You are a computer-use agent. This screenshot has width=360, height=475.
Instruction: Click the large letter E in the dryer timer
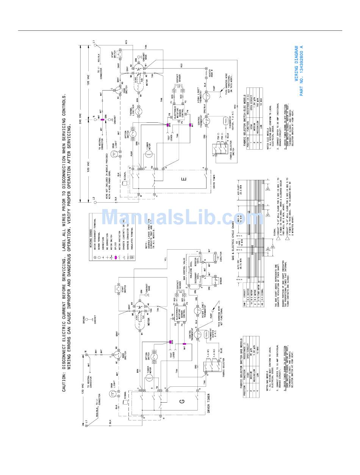[x=184, y=180]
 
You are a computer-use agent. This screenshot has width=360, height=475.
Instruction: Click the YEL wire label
[x=165, y=259]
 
